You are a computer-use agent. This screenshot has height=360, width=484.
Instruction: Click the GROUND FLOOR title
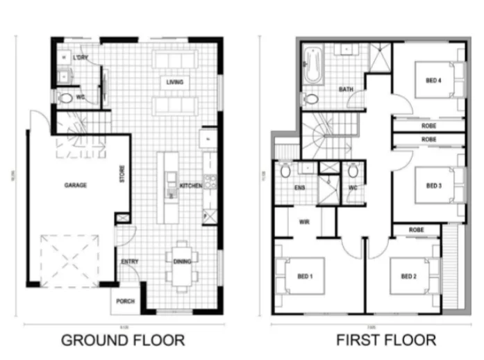coord(123,341)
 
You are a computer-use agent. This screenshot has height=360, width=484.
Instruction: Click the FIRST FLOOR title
coord(386,341)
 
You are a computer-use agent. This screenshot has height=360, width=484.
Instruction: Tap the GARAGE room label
coord(75,186)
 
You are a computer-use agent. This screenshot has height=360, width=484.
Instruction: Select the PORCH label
coord(126,301)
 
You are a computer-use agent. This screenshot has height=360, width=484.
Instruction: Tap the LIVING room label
coord(174,82)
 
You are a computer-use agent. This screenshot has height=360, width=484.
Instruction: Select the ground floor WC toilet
coord(65,98)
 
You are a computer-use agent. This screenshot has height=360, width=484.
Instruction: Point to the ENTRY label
coord(129,261)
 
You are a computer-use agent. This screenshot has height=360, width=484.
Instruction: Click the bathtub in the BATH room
coord(310,67)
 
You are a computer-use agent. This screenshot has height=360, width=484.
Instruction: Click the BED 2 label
coord(408,276)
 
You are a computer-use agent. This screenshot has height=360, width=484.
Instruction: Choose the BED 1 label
coord(306,276)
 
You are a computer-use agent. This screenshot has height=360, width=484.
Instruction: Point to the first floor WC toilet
coord(353,171)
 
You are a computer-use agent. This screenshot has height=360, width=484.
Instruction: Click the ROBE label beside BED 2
coord(416,229)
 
